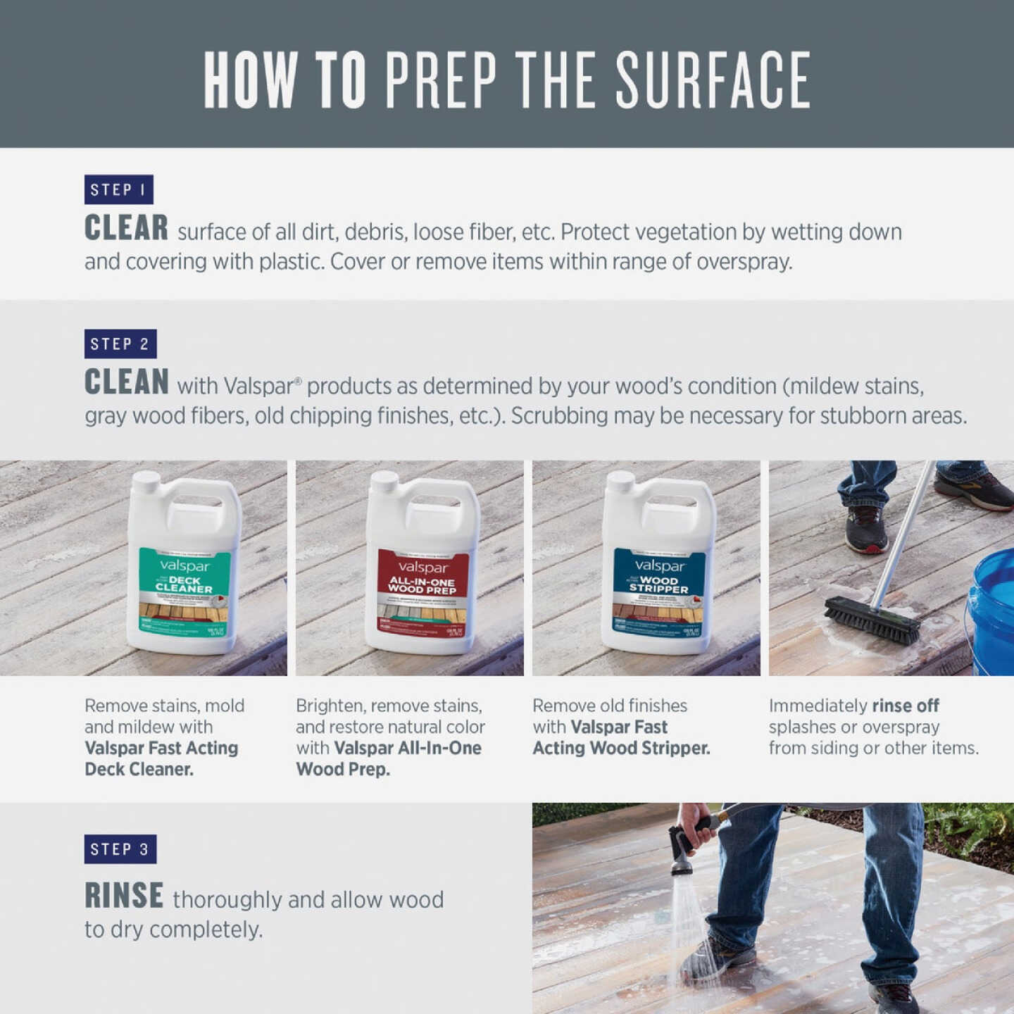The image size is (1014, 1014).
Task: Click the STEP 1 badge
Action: click(x=118, y=189)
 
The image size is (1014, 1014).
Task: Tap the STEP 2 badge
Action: click(x=120, y=344)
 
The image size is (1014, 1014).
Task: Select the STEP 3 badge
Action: click(x=120, y=849)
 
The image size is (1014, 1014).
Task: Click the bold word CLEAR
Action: click(x=126, y=228)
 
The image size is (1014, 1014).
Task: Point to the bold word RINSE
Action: click(x=124, y=896)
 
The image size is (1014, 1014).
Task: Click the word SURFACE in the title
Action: click(x=713, y=80)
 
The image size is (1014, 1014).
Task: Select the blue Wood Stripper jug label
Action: click(x=658, y=588)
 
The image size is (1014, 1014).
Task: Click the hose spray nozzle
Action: click(x=682, y=852)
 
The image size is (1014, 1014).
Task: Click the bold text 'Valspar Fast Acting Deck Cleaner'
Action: click(x=161, y=758)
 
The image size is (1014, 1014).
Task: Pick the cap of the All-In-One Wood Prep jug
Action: click(x=384, y=482)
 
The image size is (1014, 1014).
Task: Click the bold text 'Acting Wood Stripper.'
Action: click(x=621, y=748)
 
